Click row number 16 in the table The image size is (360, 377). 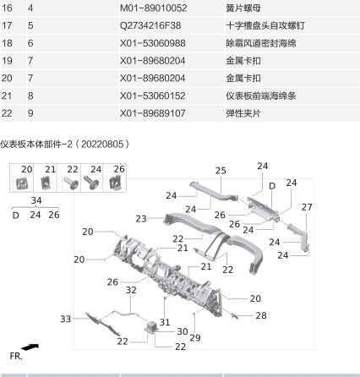point(8,7)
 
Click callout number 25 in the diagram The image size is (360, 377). point(221,171)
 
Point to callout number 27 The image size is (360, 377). point(307,207)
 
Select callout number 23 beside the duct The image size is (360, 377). point(141,218)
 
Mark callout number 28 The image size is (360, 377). point(260,315)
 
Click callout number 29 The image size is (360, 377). point(196,338)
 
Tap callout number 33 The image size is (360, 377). point(65,319)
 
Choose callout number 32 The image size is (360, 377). point(131,290)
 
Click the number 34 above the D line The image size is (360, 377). point(35,200)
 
